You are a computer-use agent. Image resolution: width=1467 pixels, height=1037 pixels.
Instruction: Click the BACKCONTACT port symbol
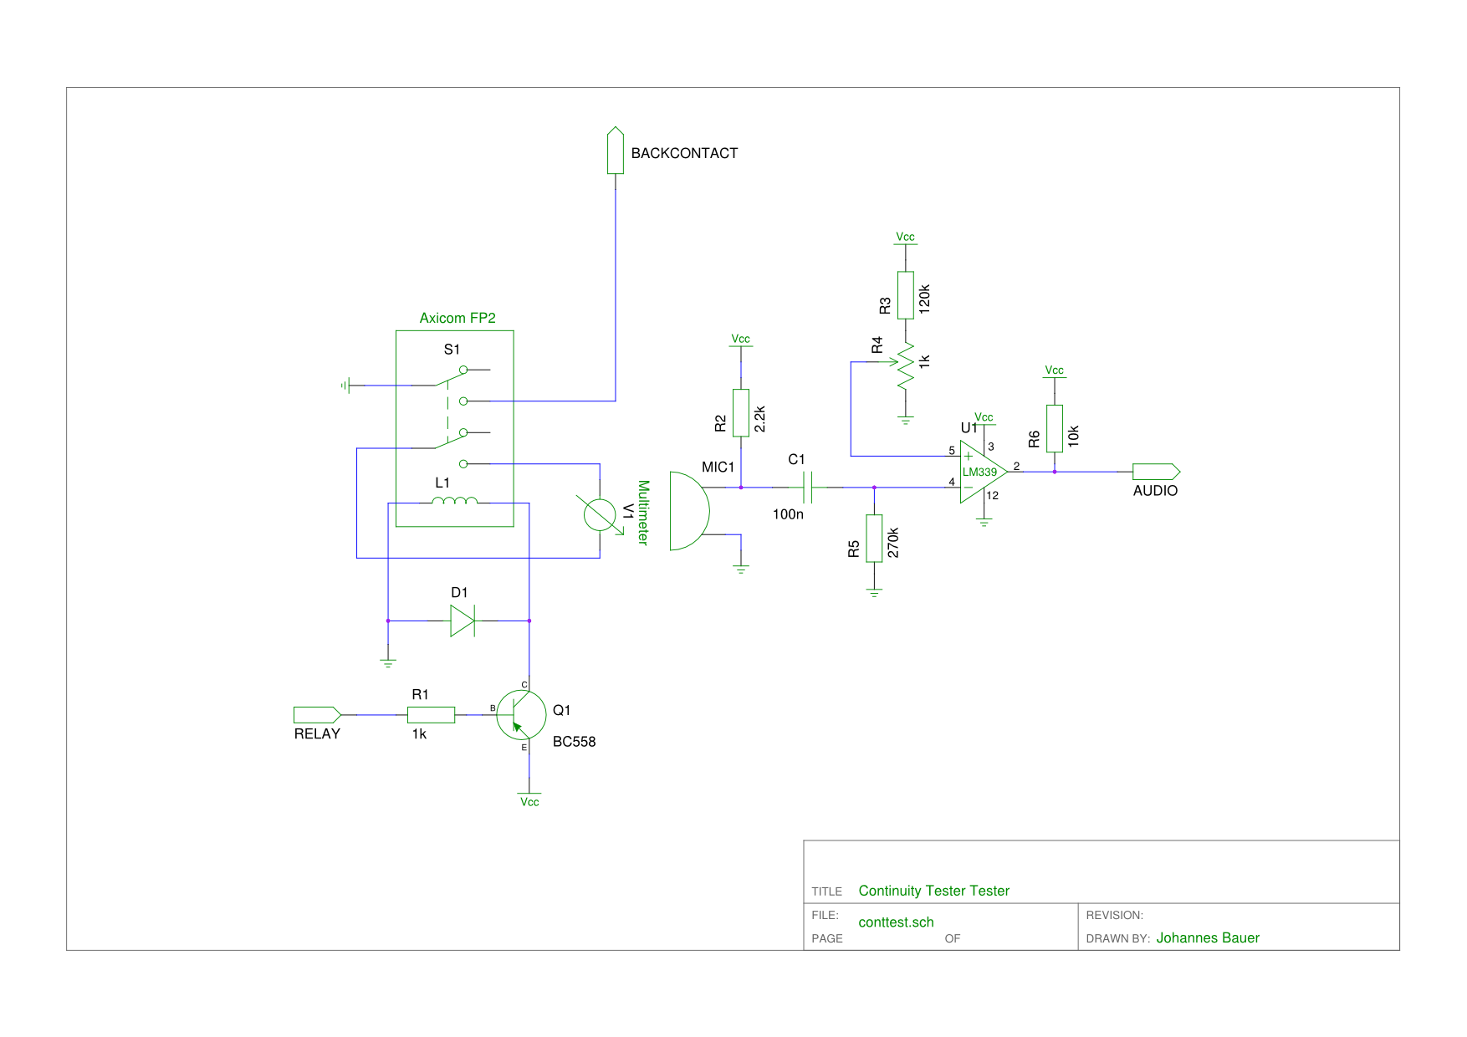tap(616, 151)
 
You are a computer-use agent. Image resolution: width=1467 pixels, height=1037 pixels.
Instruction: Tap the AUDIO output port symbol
tap(1157, 472)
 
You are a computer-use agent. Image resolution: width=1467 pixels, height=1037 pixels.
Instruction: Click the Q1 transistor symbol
tap(521, 715)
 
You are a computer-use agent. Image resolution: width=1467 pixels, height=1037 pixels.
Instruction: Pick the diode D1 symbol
tap(463, 621)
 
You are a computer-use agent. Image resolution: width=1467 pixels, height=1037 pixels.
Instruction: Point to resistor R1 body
tap(432, 715)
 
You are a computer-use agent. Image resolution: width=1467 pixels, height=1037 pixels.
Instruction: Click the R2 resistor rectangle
tap(741, 412)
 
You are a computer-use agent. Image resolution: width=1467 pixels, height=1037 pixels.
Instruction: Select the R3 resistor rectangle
tap(906, 294)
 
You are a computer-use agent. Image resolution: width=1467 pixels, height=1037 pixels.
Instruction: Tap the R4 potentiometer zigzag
tap(906, 365)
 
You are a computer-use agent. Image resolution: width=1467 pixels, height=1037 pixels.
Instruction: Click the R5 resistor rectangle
tap(874, 539)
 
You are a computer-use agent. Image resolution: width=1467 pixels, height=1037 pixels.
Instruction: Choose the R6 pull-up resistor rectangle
tap(1055, 428)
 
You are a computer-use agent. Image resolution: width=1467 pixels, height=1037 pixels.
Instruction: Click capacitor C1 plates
tap(808, 487)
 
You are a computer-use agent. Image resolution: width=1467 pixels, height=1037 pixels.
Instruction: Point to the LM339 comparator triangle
tap(983, 472)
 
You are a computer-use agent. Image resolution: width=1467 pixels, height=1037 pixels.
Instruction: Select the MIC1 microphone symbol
tap(689, 511)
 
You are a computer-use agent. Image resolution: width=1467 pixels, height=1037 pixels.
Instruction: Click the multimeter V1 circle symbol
tap(600, 514)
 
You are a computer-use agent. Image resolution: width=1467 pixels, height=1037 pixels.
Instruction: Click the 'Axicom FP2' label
tap(457, 318)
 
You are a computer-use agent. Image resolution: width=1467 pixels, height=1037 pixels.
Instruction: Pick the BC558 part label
tap(575, 742)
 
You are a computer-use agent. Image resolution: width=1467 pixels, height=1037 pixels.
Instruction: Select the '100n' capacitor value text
tap(788, 514)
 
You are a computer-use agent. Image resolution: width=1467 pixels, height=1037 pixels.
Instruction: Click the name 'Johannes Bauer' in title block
tap(1208, 938)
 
